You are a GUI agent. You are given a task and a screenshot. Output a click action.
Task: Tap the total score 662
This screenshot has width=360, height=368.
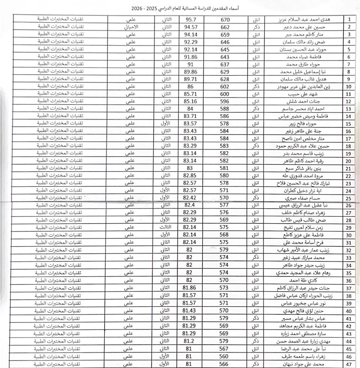click(225, 27)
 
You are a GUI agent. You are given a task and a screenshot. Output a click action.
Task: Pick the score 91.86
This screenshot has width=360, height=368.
click(191, 57)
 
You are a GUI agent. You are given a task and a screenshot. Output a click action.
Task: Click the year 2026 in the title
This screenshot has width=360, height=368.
click(137, 9)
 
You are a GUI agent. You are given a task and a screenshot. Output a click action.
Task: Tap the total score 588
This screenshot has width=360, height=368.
click(224, 109)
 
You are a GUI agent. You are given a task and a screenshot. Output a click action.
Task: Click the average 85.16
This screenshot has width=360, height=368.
click(190, 101)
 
